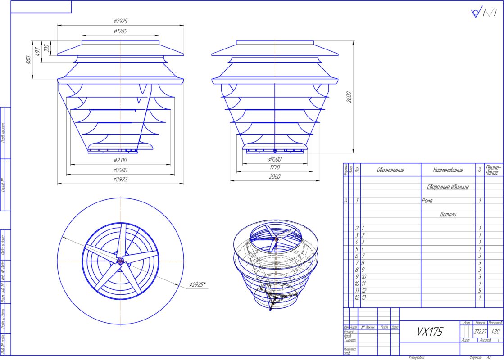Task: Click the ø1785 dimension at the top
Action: click(x=121, y=31)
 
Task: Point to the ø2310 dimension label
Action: click(x=121, y=160)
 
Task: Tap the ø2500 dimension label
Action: click(x=121, y=170)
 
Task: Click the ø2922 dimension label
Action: click(x=121, y=179)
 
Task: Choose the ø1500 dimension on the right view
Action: click(x=275, y=160)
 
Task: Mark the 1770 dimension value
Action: click(x=275, y=167)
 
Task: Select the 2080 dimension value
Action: click(x=275, y=177)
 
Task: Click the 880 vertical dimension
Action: click(x=28, y=59)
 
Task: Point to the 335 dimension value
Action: click(x=45, y=47)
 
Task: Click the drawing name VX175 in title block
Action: click(x=429, y=332)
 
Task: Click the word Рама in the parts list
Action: click(x=427, y=201)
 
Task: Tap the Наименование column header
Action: click(x=448, y=170)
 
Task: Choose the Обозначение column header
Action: click(x=390, y=170)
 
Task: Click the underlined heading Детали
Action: click(x=448, y=215)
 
